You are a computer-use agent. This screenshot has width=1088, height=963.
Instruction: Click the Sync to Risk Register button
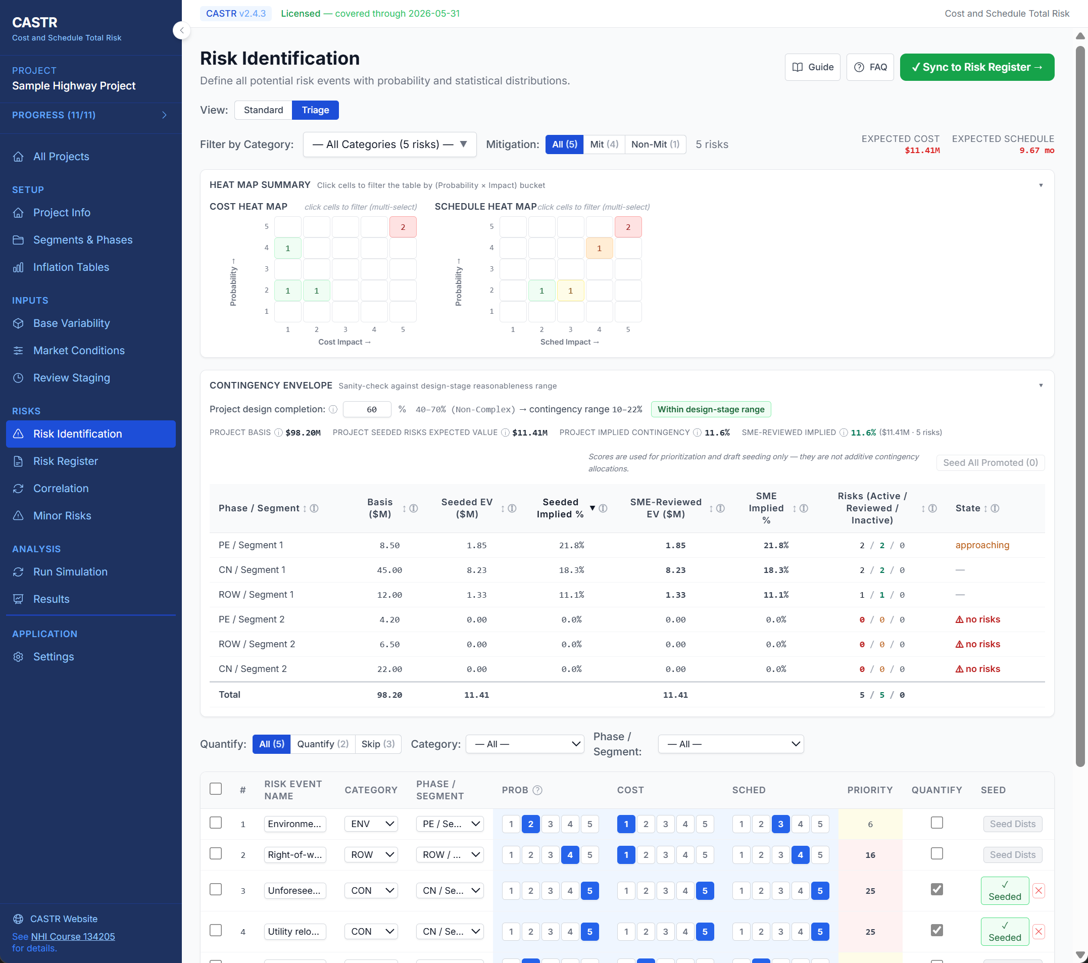(976, 67)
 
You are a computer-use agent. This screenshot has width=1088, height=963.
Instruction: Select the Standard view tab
(263, 110)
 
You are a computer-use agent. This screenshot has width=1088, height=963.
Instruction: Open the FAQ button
(870, 67)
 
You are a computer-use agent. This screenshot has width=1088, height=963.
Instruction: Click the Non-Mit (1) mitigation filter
(655, 145)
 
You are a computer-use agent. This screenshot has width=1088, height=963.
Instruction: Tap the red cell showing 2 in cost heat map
(403, 227)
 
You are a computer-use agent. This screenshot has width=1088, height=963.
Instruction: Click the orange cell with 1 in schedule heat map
(599, 248)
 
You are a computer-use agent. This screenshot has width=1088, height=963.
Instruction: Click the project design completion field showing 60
(367, 409)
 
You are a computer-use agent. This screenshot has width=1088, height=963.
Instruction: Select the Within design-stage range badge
(710, 409)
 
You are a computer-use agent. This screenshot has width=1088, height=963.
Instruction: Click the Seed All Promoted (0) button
(990, 463)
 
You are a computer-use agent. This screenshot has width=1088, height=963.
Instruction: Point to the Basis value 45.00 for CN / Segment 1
(389, 570)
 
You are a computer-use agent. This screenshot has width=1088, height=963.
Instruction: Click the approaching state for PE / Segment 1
(981, 545)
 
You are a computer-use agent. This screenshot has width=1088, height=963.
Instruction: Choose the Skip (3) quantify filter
(377, 744)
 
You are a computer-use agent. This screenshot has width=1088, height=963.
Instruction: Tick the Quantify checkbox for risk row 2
(936, 853)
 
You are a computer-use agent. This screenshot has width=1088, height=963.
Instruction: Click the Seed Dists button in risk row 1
(1012, 824)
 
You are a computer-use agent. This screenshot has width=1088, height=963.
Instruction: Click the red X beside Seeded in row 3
(1038, 891)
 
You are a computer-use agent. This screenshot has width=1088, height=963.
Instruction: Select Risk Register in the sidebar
(66, 461)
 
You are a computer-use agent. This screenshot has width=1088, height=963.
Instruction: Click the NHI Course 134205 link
(73, 936)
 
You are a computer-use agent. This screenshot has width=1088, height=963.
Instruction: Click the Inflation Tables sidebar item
(71, 267)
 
